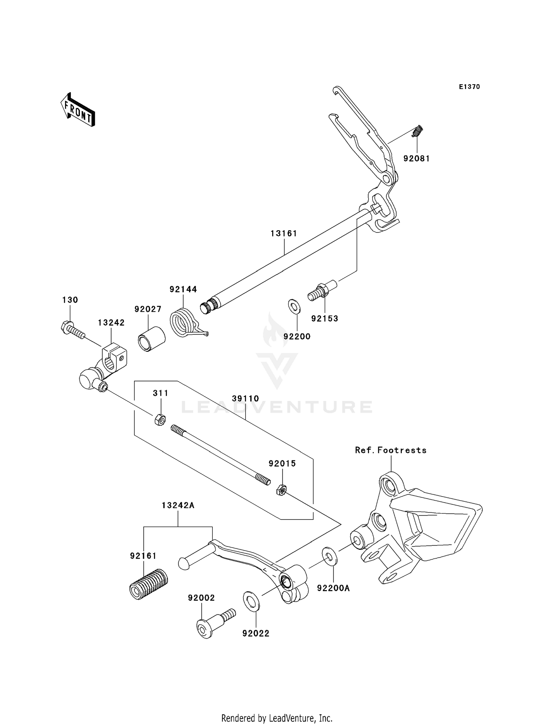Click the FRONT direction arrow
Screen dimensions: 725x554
(x=78, y=110)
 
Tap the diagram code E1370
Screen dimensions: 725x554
(x=469, y=87)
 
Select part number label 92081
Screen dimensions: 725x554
(x=416, y=159)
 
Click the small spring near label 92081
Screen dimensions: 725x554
(x=417, y=132)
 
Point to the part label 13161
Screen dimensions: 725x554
(x=284, y=234)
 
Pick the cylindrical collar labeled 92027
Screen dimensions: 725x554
(x=151, y=338)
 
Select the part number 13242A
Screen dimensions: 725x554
(x=178, y=506)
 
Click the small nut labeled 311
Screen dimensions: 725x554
(x=160, y=420)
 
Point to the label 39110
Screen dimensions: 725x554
(x=245, y=399)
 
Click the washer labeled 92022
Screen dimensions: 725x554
(x=252, y=601)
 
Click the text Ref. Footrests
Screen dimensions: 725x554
(x=390, y=450)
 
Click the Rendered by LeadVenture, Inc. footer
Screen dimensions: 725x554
(x=277, y=718)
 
